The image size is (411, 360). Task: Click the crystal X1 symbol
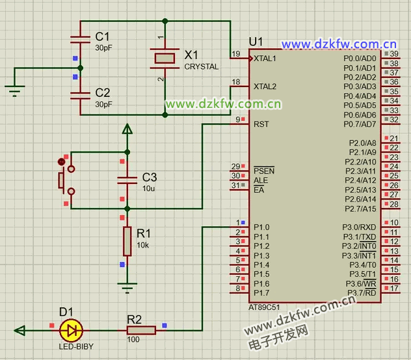pyautogui.click(x=164, y=57)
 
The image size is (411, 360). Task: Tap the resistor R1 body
pyautogui.click(x=127, y=242)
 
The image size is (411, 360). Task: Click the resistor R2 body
pyautogui.click(x=141, y=331)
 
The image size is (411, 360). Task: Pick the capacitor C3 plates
pyautogui.click(x=127, y=178)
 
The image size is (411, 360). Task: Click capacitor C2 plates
pyautogui.click(x=81, y=94)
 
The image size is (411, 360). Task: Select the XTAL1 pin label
pyautogui.click(x=265, y=58)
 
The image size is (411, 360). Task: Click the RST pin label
pyautogui.click(x=261, y=123)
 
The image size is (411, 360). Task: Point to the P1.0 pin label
pyautogui.click(x=261, y=227)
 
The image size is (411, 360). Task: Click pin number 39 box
pyautogui.click(x=394, y=54)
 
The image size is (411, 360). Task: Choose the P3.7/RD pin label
pyautogui.click(x=360, y=293)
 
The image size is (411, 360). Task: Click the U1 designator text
pyautogui.click(x=256, y=42)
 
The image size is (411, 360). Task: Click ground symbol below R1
pyautogui.click(x=127, y=286)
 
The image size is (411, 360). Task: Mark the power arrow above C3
pyautogui.click(x=127, y=130)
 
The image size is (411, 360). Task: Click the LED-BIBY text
pyautogui.click(x=76, y=346)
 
